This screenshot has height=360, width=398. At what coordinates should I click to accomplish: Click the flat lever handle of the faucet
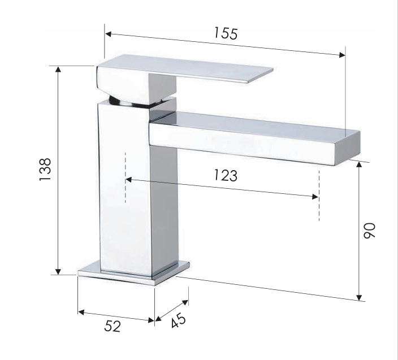(x=215, y=70)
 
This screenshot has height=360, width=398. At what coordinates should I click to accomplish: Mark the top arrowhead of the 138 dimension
(x=57, y=69)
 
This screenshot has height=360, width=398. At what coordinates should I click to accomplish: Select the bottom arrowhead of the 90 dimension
(x=359, y=297)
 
